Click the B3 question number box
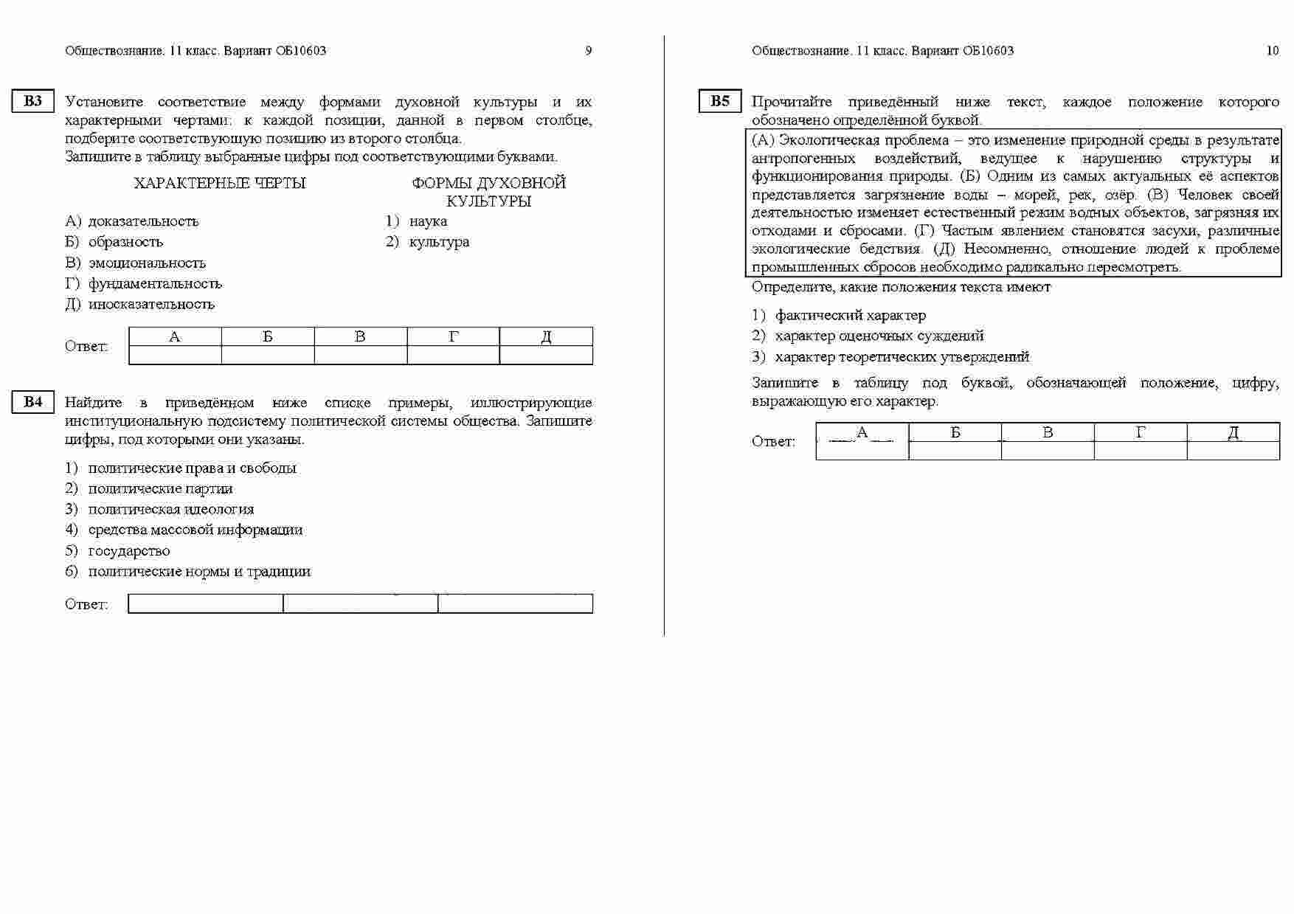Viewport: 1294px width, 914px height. click(33, 102)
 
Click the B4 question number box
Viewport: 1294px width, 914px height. click(33, 402)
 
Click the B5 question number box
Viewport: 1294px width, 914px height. click(719, 102)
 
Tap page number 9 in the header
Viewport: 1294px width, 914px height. click(588, 51)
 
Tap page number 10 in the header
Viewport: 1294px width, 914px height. click(1272, 51)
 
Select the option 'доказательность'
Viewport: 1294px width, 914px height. click(143, 221)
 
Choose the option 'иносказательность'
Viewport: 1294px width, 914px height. click(151, 304)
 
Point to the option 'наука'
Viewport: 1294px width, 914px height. click(428, 221)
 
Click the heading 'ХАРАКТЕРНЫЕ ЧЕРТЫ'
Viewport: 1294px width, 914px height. click(220, 183)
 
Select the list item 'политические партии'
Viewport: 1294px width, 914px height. click(160, 488)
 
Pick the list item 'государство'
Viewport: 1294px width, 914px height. click(129, 551)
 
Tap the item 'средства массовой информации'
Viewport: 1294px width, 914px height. click(196, 530)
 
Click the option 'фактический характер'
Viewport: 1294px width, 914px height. click(850, 316)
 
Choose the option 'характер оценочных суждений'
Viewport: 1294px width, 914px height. click(879, 336)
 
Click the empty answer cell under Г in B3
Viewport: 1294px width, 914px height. click(453, 356)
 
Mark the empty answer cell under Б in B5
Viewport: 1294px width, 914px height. click(955, 451)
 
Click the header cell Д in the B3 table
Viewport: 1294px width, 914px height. click(546, 337)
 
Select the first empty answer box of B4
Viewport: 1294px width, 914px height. click(206, 604)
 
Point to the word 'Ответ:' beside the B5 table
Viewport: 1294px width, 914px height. click(773, 442)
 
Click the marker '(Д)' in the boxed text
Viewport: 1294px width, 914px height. click(944, 249)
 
